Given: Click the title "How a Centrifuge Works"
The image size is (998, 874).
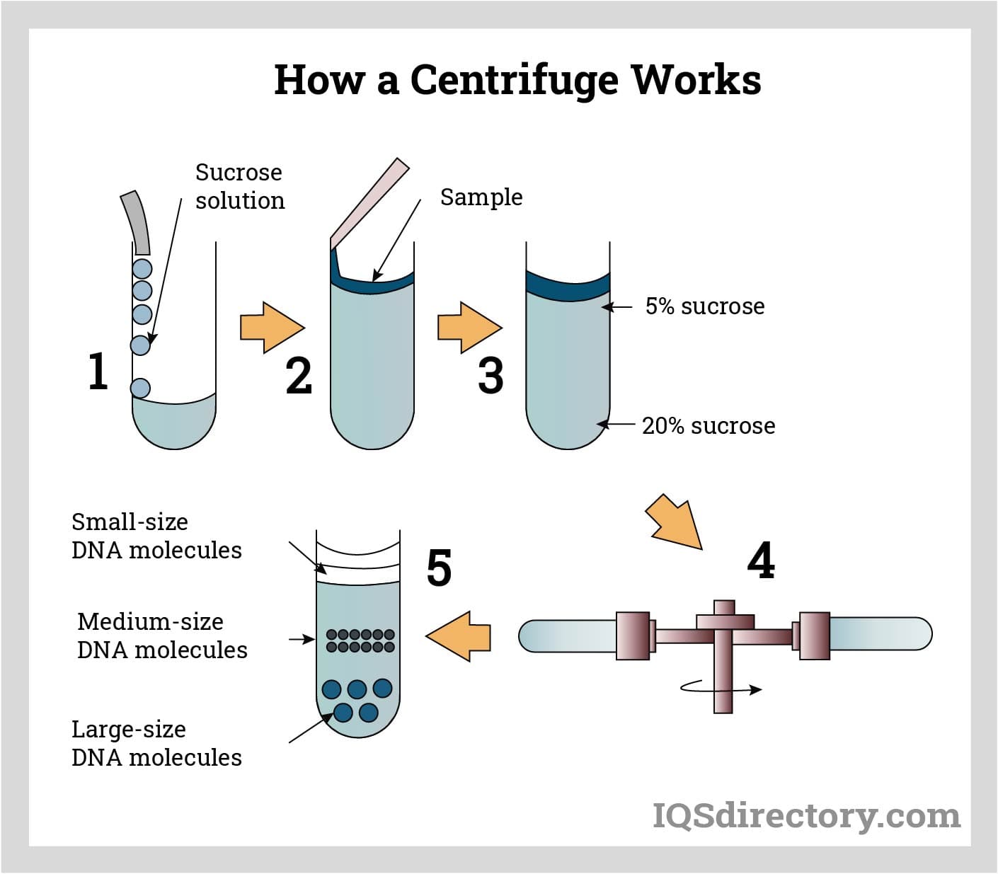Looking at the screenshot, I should [517, 79].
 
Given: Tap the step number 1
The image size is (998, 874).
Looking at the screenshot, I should [98, 372].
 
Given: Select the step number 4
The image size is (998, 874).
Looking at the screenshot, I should [761, 561].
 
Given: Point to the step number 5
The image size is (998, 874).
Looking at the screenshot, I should [439, 568].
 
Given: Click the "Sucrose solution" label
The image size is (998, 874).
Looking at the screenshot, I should [239, 186].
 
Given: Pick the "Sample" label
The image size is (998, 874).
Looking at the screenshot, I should [481, 197].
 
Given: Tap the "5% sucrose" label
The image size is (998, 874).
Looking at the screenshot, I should [704, 306].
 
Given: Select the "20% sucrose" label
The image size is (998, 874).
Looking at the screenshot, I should [708, 426].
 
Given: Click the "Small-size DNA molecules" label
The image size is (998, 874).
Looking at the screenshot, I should [156, 536].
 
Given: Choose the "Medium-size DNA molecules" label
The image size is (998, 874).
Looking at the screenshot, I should [162, 636].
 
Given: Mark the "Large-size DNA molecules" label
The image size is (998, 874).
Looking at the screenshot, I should [156, 743].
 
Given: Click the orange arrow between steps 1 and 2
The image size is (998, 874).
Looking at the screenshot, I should [272, 328].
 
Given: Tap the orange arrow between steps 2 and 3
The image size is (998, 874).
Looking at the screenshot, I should [469, 328].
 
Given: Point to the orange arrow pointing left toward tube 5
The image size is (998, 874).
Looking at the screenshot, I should [459, 636].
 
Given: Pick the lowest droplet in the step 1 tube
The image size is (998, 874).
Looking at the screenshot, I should [141, 388].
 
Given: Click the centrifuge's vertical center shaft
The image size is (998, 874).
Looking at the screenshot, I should [723, 665].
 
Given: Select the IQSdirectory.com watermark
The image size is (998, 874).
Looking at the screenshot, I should [805, 816].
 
